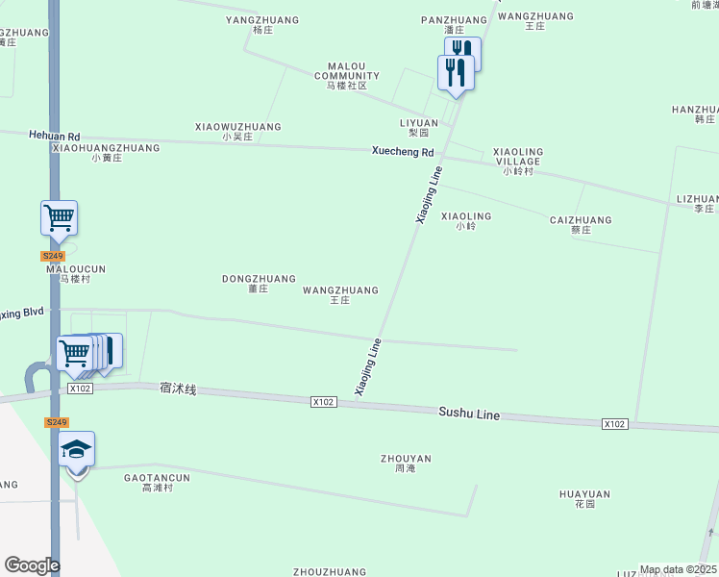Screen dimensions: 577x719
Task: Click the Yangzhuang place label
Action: [261, 24]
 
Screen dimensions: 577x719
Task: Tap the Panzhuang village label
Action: [454, 24]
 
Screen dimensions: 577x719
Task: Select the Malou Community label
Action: [347, 75]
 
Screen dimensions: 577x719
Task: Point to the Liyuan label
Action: [419, 128]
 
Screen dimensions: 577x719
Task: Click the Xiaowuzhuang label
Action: [237, 131]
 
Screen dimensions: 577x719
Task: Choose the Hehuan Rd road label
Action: [54, 137]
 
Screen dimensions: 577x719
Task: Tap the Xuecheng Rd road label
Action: [404, 152]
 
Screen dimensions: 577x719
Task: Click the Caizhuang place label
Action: [581, 225]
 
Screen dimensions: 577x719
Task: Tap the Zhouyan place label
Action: [405, 464]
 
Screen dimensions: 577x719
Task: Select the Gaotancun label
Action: [157, 482]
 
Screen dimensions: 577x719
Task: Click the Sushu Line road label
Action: [469, 414]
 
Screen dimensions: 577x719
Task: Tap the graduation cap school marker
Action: [77, 449]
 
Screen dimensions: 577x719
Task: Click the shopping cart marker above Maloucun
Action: [59, 218]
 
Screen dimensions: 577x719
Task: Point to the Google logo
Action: [32, 564]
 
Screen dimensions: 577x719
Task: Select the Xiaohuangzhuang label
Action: [106, 152]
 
